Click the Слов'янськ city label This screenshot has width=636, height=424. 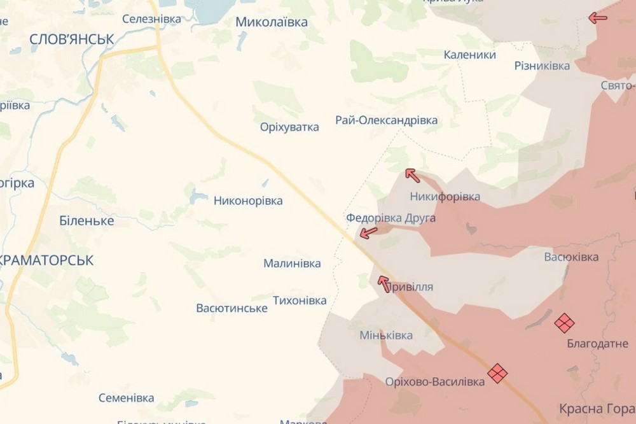point(72,39)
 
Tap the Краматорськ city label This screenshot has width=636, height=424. point(47,260)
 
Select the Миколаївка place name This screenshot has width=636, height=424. point(272,22)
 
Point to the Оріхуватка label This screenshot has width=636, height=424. point(289,127)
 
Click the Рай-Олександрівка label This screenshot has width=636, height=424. point(387,120)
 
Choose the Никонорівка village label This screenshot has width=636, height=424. point(248,201)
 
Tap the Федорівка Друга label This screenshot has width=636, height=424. point(391,218)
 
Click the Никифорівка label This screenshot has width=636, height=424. point(445,196)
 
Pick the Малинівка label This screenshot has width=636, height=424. point(293,264)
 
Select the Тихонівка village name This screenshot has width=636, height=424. point(300,300)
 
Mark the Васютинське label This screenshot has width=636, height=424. point(232,308)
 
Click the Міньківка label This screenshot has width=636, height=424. point(386,336)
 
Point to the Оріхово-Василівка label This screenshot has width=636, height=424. point(435,381)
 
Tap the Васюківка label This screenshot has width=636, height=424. point(571,257)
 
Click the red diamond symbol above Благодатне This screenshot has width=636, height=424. point(564,323)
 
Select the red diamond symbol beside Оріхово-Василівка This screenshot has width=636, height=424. point(497,372)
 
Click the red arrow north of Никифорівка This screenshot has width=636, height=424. point(413,174)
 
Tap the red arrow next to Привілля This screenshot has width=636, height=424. point(384,283)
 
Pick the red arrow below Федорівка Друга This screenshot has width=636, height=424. point(368,233)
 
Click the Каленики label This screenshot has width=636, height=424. point(470,55)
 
